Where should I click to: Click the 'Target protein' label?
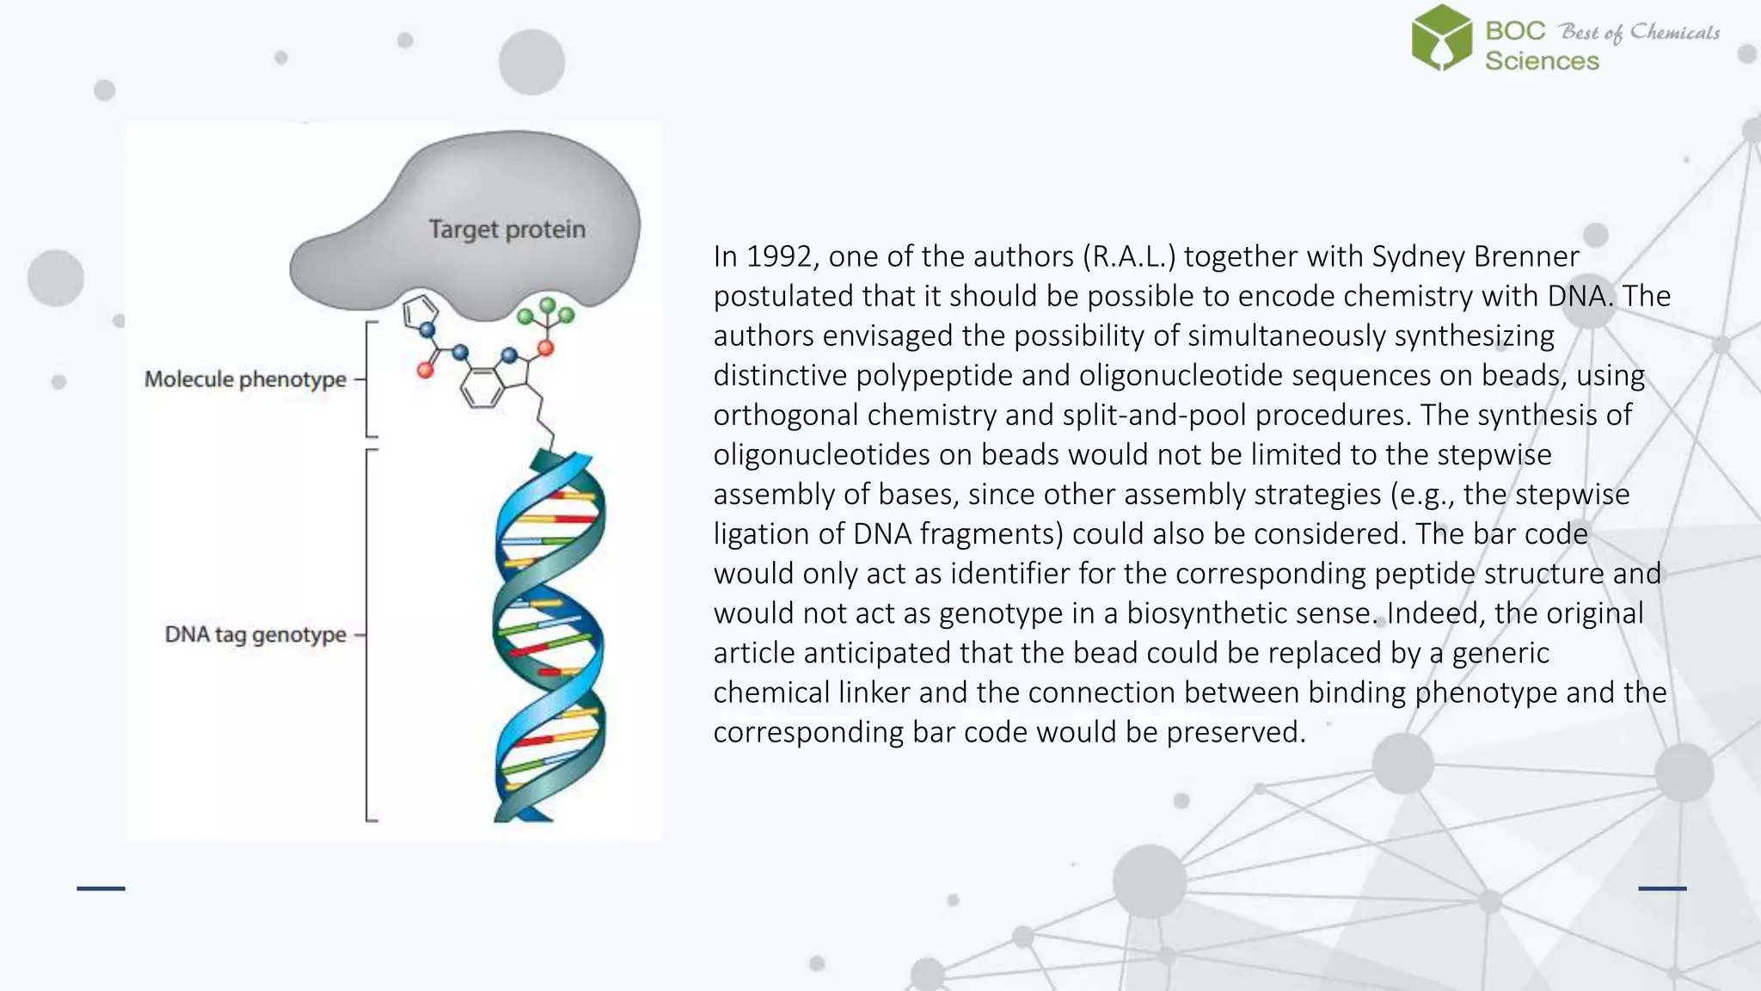506,230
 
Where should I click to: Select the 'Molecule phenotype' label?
245,379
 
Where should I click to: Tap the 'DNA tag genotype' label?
255,635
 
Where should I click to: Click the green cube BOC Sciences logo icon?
1441,38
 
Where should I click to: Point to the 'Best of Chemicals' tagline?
1640,33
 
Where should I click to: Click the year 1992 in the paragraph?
778,256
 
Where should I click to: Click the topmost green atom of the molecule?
547,305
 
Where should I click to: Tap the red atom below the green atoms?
545,348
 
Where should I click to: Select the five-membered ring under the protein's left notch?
420,311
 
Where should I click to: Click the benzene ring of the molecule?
482,388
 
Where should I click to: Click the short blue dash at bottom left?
101,888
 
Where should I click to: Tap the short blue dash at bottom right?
1662,888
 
